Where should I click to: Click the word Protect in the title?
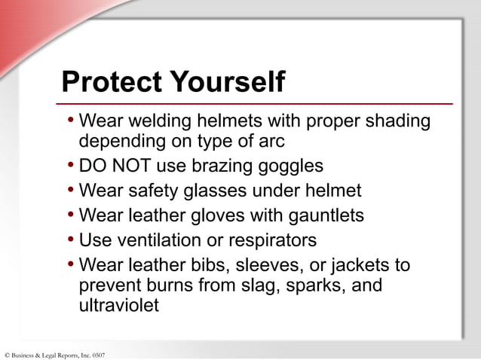click(x=111, y=82)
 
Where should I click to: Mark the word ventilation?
click(x=158, y=240)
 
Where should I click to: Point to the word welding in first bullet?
click(x=159, y=122)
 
